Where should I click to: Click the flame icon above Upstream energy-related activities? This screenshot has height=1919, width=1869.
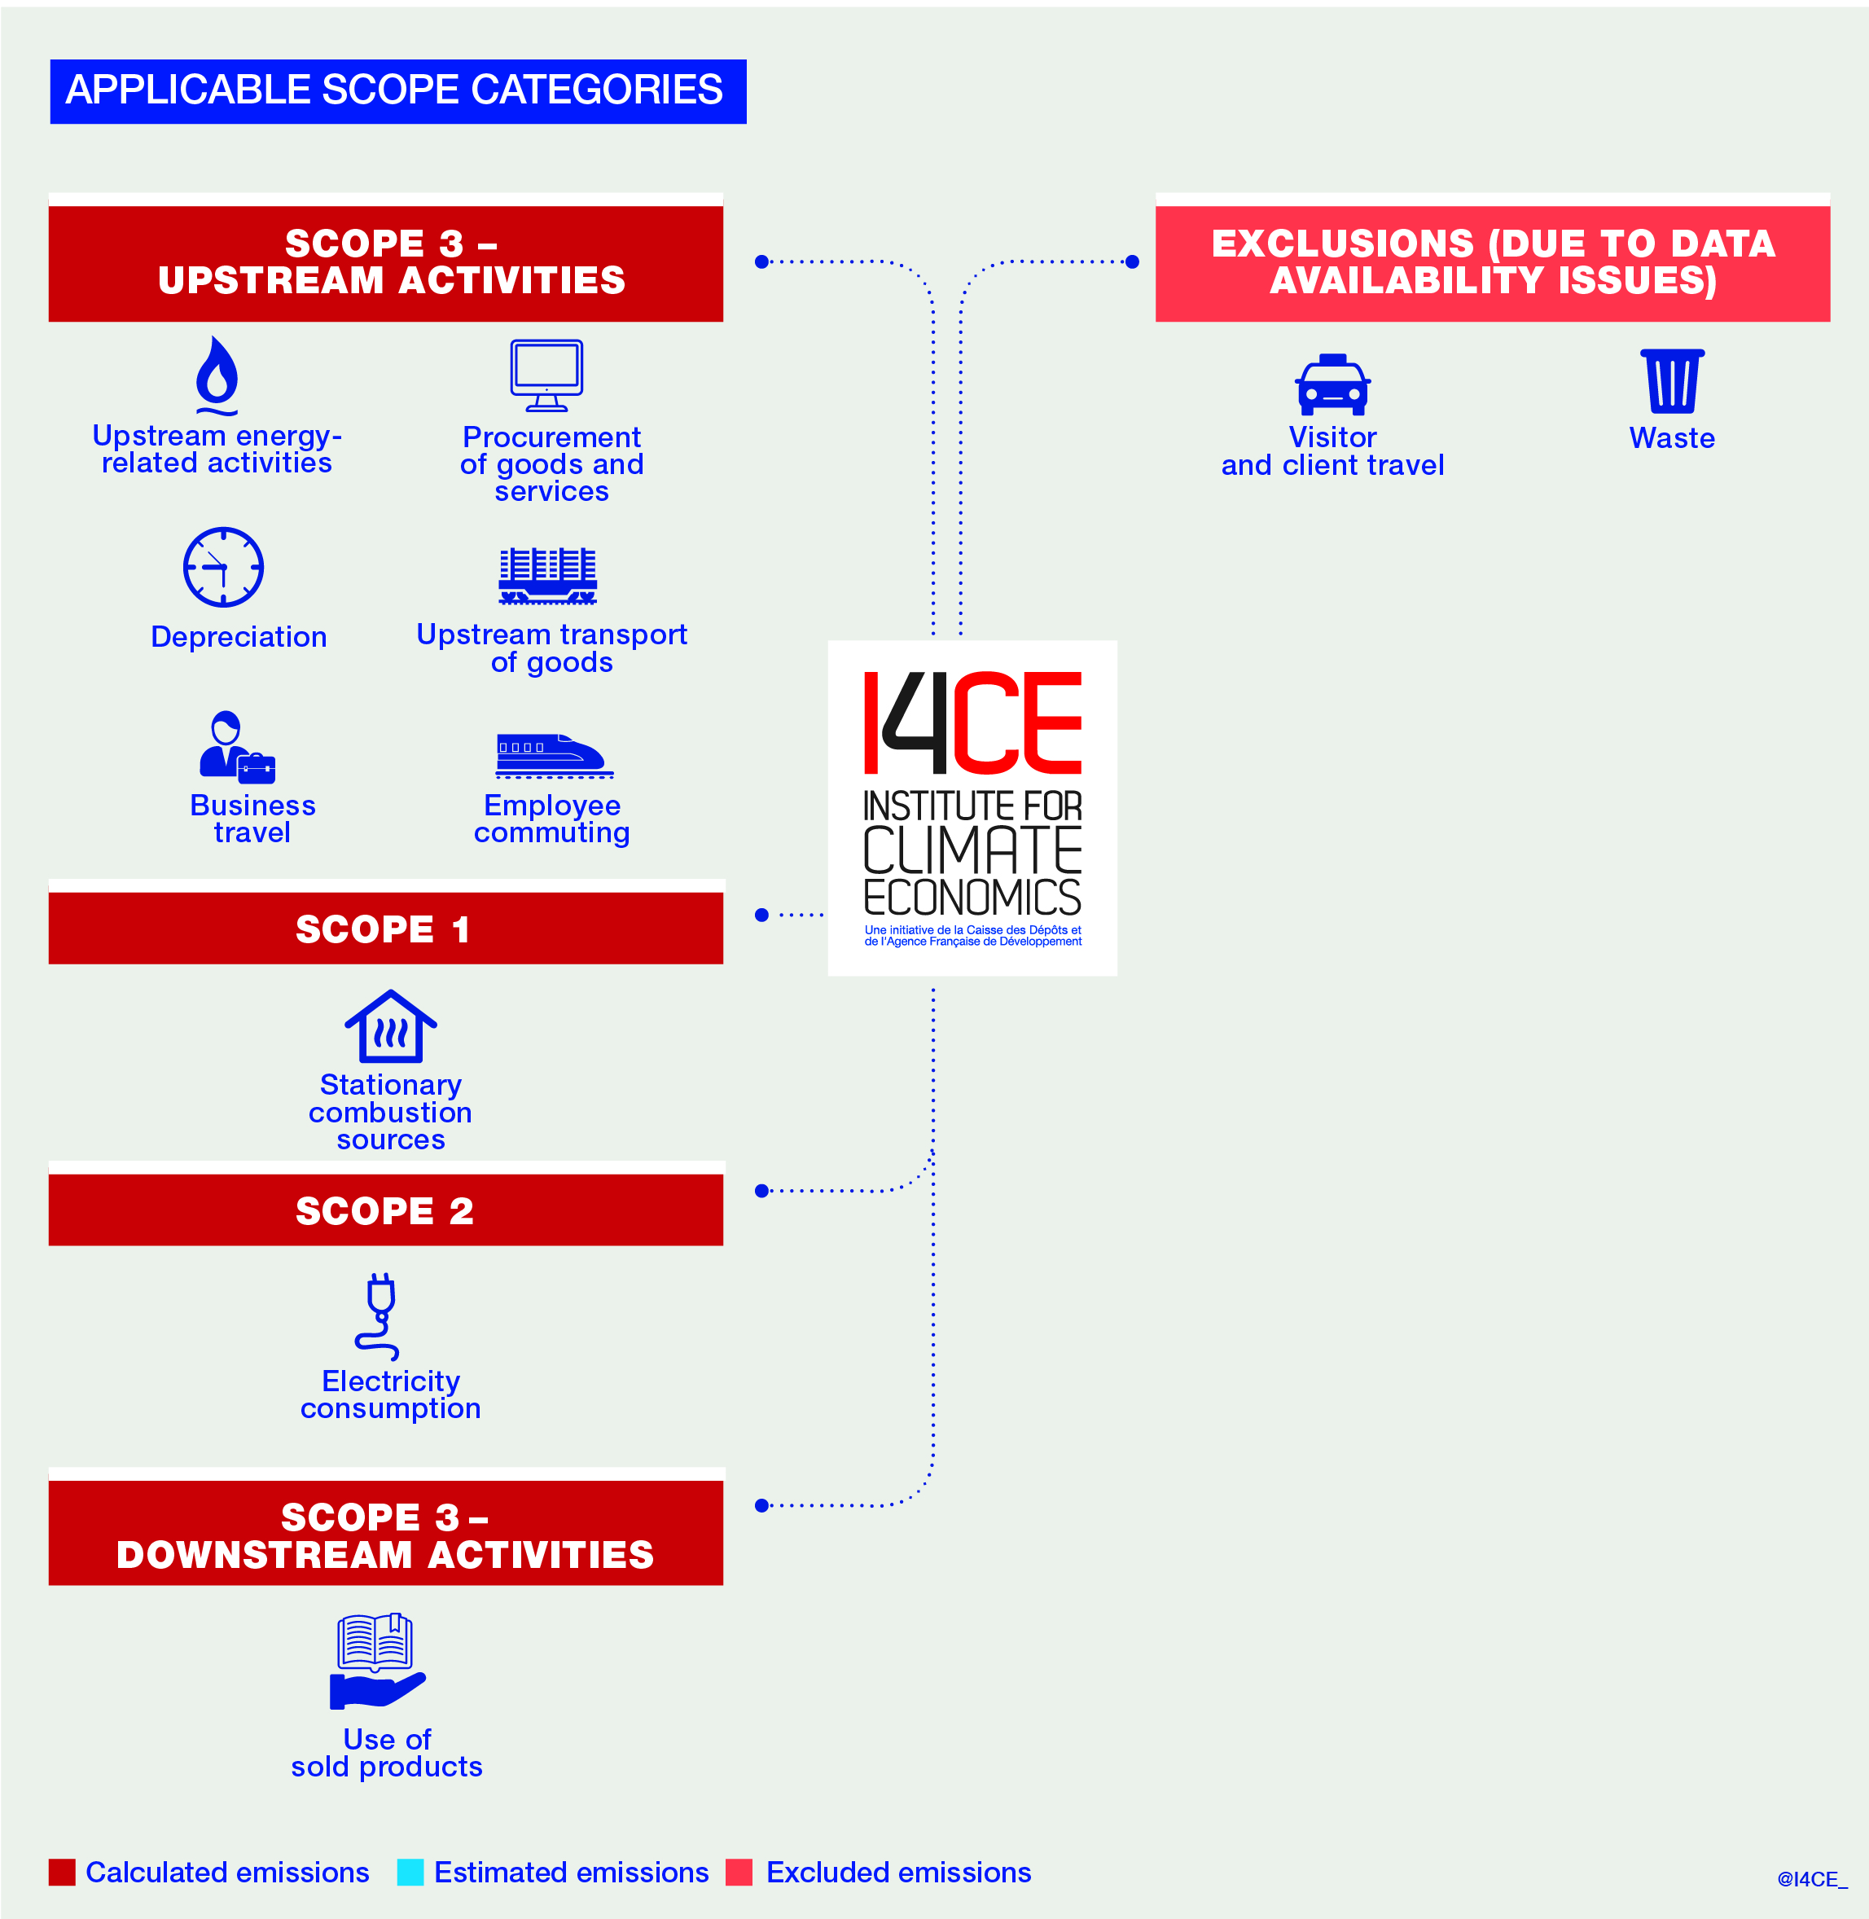pos(217,376)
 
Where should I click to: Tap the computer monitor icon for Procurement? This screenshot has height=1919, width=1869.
pos(546,375)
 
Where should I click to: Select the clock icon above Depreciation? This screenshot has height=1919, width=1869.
pos(224,568)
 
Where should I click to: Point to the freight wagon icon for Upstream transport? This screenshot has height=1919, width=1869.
pos(548,575)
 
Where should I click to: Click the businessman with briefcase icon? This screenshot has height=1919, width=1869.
pos(235,747)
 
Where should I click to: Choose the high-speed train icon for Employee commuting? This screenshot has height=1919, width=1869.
pos(554,755)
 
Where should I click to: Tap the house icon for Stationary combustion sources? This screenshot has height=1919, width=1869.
pos(391,1027)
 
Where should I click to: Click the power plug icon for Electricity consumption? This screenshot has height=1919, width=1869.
pos(379,1316)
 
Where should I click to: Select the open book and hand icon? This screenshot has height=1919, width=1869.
pos(377,1662)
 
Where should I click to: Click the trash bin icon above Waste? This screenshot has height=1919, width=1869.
pos(1673,381)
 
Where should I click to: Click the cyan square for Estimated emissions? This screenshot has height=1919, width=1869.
pos(410,1872)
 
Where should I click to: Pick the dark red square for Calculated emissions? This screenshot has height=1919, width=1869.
pos(62,1872)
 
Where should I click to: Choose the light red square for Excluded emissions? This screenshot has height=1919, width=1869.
pos(739,1872)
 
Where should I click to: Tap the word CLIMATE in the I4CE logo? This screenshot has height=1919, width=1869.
pos(972,850)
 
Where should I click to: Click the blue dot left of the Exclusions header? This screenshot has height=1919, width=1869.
pos(1132,262)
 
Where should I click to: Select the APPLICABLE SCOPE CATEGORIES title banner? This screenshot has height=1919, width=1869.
pos(397,91)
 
